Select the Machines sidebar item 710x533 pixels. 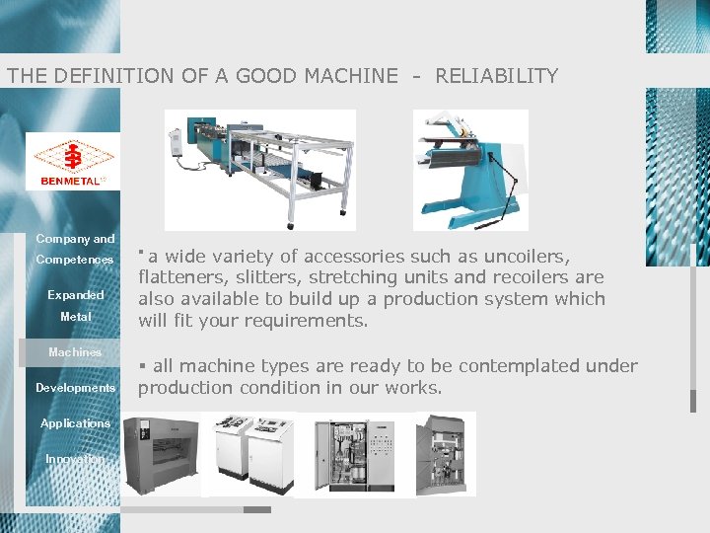click(x=75, y=352)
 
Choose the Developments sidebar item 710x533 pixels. click(x=75, y=388)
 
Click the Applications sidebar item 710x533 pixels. click(x=75, y=423)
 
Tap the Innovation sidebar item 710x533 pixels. click(x=75, y=459)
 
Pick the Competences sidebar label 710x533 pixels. click(x=75, y=260)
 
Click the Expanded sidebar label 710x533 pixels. click(x=75, y=295)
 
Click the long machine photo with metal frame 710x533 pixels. click(x=259, y=169)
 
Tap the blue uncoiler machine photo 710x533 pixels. click(x=469, y=169)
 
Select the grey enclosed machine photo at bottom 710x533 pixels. click(x=162, y=454)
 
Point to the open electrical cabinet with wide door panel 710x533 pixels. click(x=349, y=454)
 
